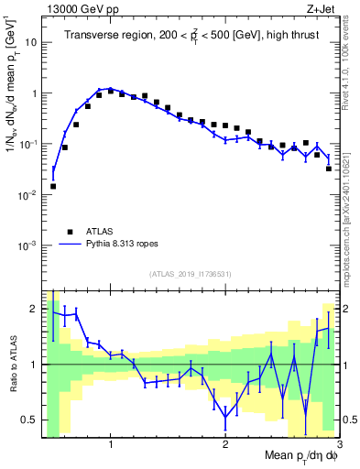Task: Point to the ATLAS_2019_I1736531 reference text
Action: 191,273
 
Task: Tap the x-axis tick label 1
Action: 111,444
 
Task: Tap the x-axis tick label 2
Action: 225,444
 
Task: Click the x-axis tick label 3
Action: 338,444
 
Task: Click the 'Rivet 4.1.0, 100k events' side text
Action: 351,64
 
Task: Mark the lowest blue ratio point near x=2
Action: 225,418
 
